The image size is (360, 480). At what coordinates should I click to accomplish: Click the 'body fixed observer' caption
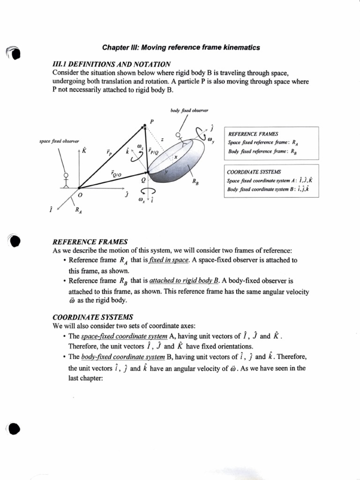(x=190, y=111)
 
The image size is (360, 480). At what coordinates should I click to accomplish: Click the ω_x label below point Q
(x=141, y=201)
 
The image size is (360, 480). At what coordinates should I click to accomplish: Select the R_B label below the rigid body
(x=195, y=183)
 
